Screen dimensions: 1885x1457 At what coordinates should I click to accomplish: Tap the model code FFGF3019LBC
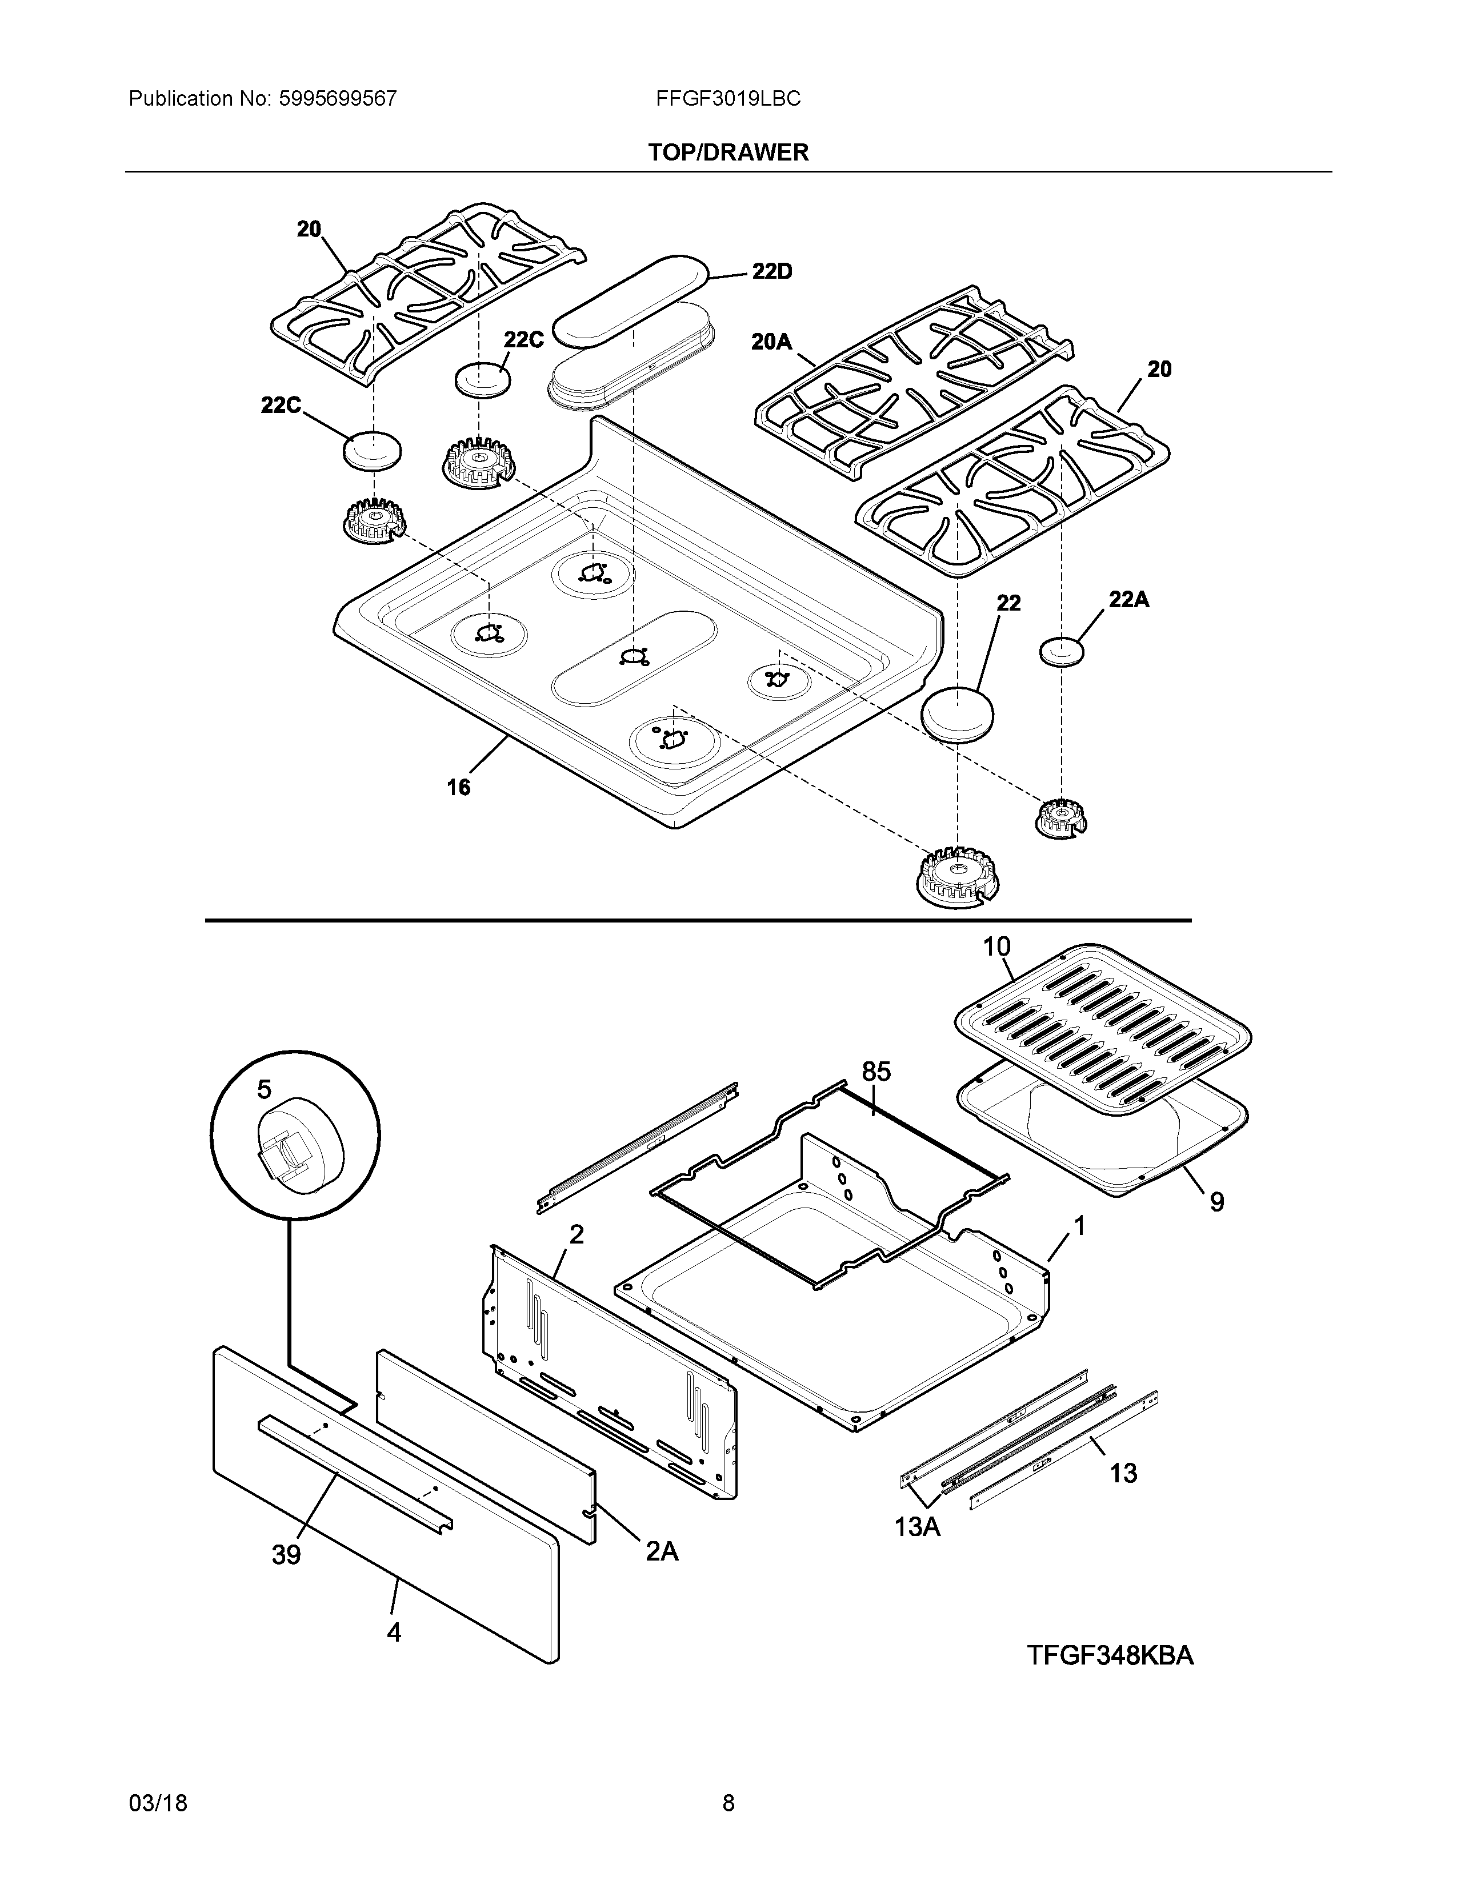pyautogui.click(x=727, y=98)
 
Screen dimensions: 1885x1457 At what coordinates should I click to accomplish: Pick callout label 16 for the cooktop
pyautogui.click(x=458, y=787)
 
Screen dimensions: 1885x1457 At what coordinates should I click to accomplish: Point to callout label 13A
pyautogui.click(x=916, y=1527)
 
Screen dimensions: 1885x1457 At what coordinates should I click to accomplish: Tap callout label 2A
pyautogui.click(x=662, y=1551)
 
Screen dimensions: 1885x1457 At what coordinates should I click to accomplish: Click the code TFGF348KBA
pyautogui.click(x=1110, y=1655)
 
